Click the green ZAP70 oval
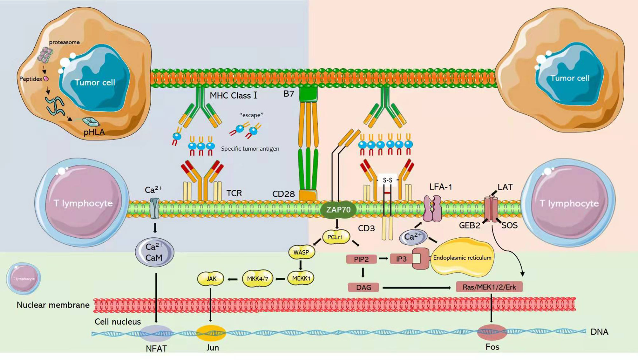(338, 210)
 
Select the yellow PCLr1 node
(336, 237)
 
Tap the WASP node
(301, 252)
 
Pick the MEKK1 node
(301, 278)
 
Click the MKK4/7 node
(257, 279)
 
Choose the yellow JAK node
(211, 279)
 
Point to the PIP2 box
(361, 259)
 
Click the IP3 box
(401, 259)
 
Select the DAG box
(363, 287)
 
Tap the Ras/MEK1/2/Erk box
(489, 287)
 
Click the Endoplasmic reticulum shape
(462, 258)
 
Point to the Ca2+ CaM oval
(154, 252)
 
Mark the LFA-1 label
(440, 187)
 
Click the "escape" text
(251, 115)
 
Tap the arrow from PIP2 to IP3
(383, 259)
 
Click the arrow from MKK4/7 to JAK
(233, 279)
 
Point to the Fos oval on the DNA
(492, 332)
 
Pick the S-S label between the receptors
(387, 180)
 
